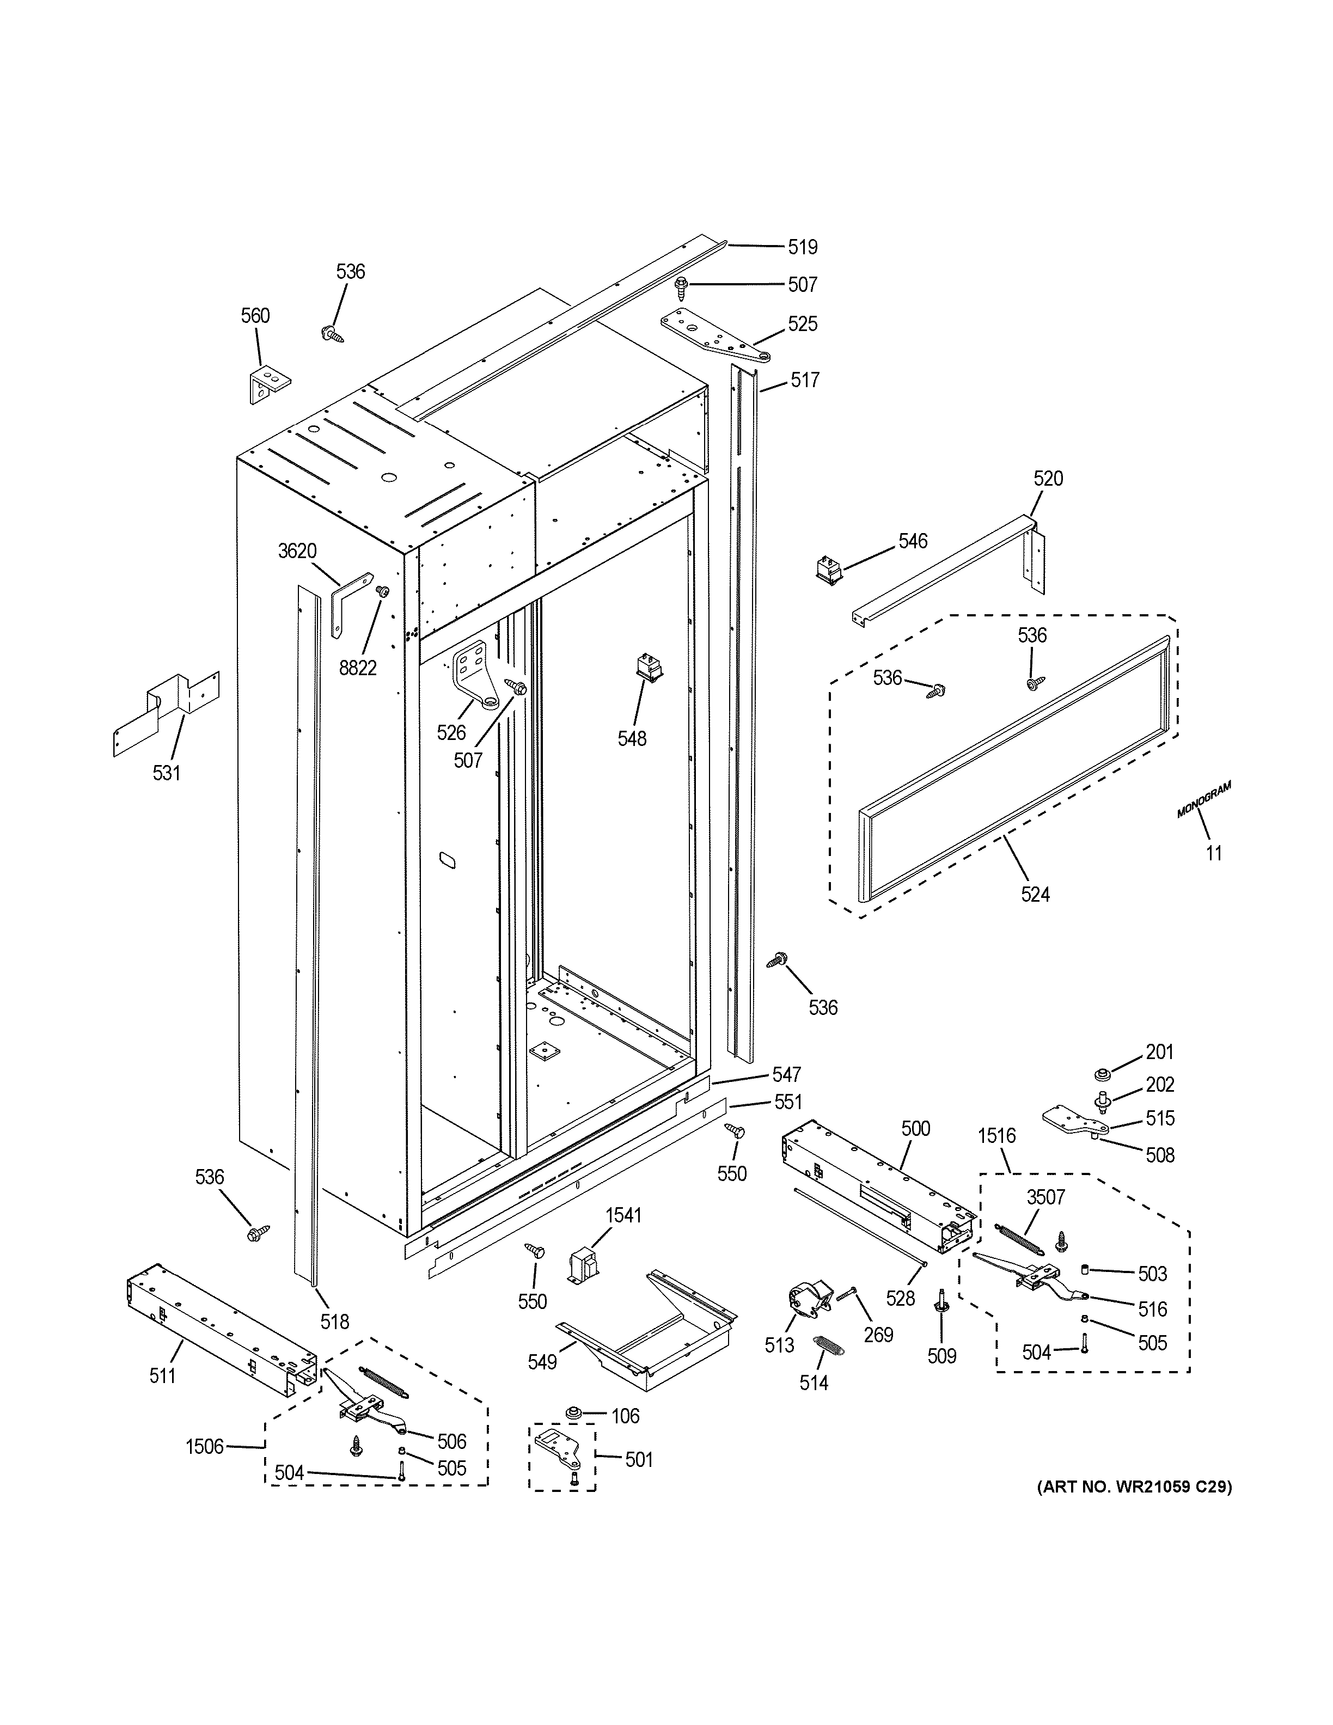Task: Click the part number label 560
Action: [255, 316]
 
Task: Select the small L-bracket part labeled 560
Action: [268, 384]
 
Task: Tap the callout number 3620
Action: [297, 551]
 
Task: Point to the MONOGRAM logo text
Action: [1203, 799]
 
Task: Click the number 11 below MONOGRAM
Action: [1214, 853]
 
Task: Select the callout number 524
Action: [1035, 894]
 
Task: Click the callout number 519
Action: [802, 247]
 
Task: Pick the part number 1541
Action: [623, 1215]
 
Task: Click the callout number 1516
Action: [996, 1136]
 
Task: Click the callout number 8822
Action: [358, 668]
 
